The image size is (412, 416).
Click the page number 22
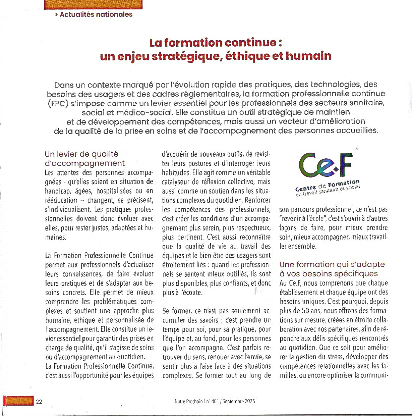[39, 402]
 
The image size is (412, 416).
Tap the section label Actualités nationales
[96, 14]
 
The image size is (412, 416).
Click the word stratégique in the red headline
[185, 56]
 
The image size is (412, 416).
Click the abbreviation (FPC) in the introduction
[58, 103]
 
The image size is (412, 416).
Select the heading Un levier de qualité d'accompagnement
[84, 159]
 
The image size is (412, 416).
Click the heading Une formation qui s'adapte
[332, 264]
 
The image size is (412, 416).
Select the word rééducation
[61, 200]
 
